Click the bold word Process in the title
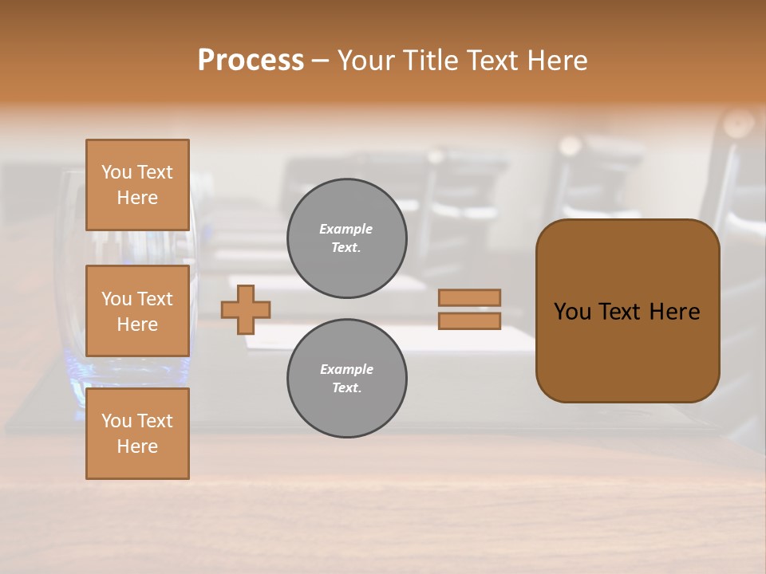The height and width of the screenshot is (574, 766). [x=251, y=61]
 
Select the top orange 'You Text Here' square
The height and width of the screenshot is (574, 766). [x=137, y=185]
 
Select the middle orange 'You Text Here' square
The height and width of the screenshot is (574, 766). [x=137, y=311]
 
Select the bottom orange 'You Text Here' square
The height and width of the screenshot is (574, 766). [x=137, y=434]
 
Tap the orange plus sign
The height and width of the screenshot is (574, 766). [x=246, y=309]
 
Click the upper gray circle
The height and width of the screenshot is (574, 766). [x=347, y=238]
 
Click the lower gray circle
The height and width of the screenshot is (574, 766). [x=347, y=379]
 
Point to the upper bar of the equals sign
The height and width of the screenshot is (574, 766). [x=470, y=297]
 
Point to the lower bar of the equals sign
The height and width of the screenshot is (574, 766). [x=470, y=320]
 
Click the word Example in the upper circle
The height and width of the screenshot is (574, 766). [x=346, y=229]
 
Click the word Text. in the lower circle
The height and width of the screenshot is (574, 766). [x=346, y=388]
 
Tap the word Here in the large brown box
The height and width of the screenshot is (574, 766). [x=674, y=312]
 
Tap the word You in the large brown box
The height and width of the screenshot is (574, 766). [x=572, y=312]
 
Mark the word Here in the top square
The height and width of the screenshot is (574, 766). [x=137, y=198]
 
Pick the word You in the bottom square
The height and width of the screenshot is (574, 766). [x=116, y=421]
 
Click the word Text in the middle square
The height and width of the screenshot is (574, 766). [x=154, y=299]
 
